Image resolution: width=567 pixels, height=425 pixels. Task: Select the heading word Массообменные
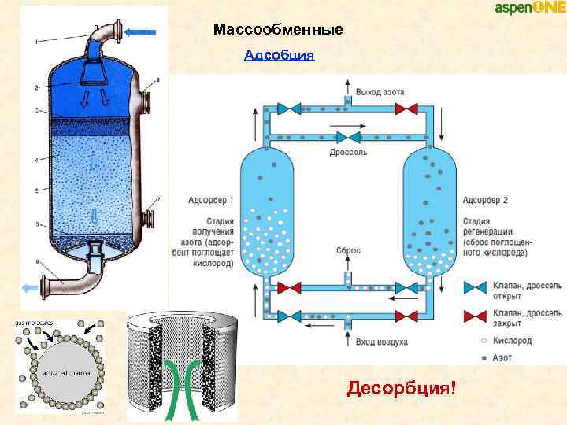coord(278,31)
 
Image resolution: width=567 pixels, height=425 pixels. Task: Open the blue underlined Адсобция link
coord(280,55)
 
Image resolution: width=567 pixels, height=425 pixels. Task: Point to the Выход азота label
coord(380,93)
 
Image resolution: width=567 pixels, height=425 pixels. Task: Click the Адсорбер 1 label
coord(210,201)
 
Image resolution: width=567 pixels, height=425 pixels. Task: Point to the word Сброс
coord(349,250)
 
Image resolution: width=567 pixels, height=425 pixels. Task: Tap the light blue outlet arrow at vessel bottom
coord(30,288)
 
